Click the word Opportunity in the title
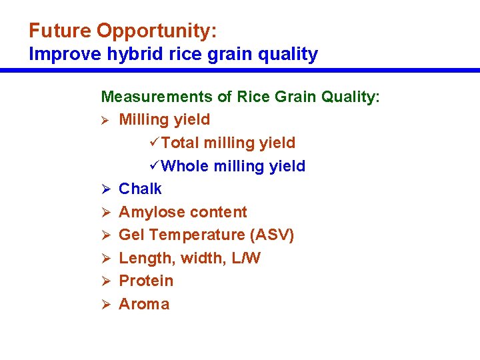157,31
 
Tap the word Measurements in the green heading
157,97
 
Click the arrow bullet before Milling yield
105,120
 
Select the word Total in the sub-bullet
181,143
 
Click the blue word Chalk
140,189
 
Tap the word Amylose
149,212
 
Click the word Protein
146,281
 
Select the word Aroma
144,304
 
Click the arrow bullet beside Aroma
105,305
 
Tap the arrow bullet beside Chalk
105,189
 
